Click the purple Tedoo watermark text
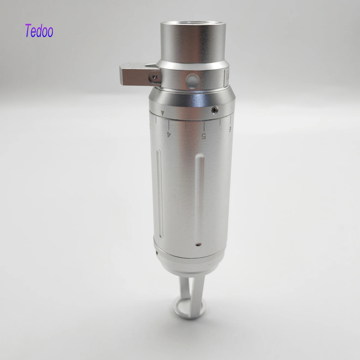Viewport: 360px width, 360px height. (39, 31)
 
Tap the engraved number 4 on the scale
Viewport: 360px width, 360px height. (169, 134)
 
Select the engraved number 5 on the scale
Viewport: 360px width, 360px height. (203, 136)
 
